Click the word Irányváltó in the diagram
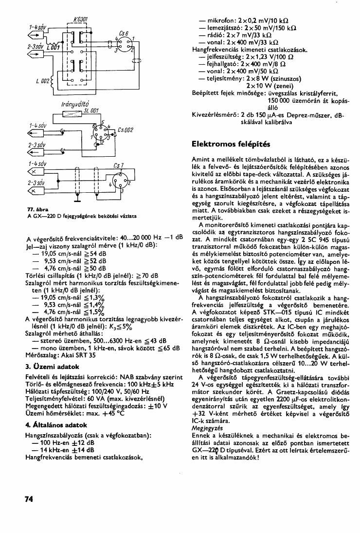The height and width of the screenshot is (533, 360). (x=75, y=104)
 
